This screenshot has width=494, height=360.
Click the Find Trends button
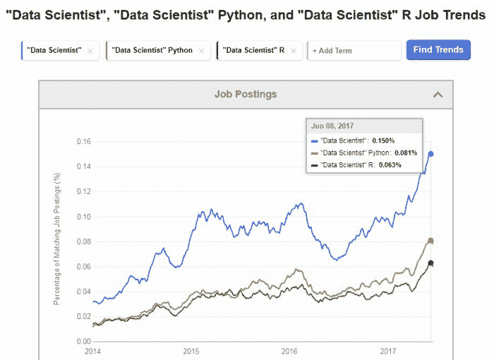[x=438, y=49]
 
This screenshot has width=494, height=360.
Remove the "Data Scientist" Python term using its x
[x=201, y=51]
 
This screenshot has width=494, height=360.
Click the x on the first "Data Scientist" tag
[x=90, y=51]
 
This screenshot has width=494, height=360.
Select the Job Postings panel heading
[x=246, y=94]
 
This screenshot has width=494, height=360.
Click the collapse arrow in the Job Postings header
[x=438, y=94]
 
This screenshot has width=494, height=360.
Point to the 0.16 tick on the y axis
[x=83, y=141]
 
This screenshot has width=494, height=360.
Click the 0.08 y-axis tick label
[x=83, y=241]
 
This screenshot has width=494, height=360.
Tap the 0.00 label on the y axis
[x=83, y=342]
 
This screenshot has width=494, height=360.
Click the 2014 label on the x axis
[x=92, y=350]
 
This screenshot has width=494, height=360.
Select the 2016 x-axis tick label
[x=290, y=350]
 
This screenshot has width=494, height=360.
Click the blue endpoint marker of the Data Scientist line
[x=431, y=154]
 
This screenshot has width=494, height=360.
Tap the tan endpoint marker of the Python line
[x=431, y=241]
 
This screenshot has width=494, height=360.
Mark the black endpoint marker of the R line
[x=431, y=263]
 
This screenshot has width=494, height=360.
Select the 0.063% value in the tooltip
[x=387, y=165]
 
